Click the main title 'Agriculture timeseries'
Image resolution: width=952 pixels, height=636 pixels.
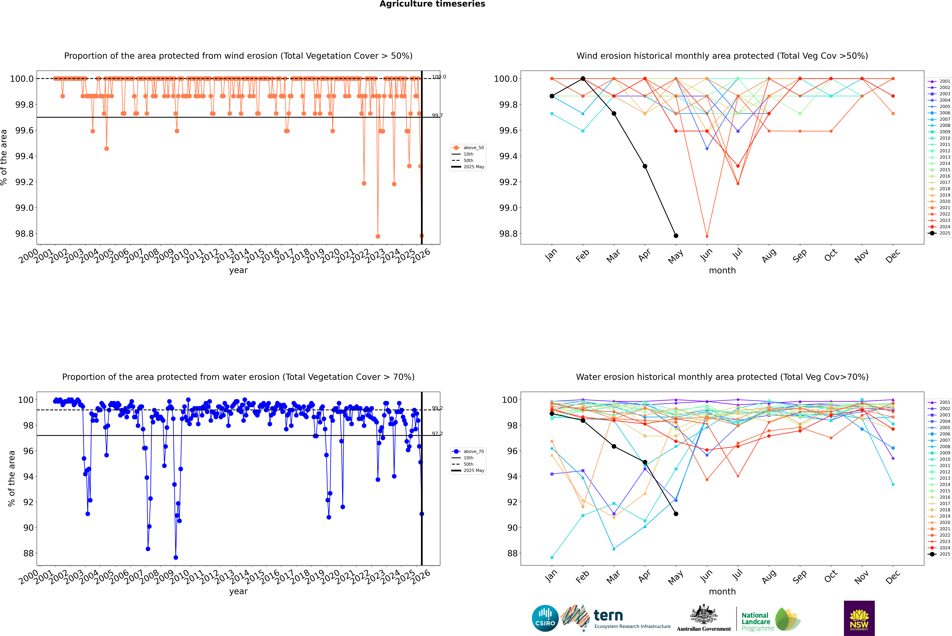point(432,4)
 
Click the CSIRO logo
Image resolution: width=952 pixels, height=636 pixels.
point(545,618)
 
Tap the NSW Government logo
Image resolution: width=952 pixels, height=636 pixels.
point(859,618)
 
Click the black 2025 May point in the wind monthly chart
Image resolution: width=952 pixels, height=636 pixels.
point(676,236)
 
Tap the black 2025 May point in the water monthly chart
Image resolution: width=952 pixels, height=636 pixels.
point(676,514)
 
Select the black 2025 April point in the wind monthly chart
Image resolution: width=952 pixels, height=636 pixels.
point(645,166)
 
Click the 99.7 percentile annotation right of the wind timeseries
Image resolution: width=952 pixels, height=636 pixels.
point(437,116)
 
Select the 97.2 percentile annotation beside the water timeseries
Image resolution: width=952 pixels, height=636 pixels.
point(437,434)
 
